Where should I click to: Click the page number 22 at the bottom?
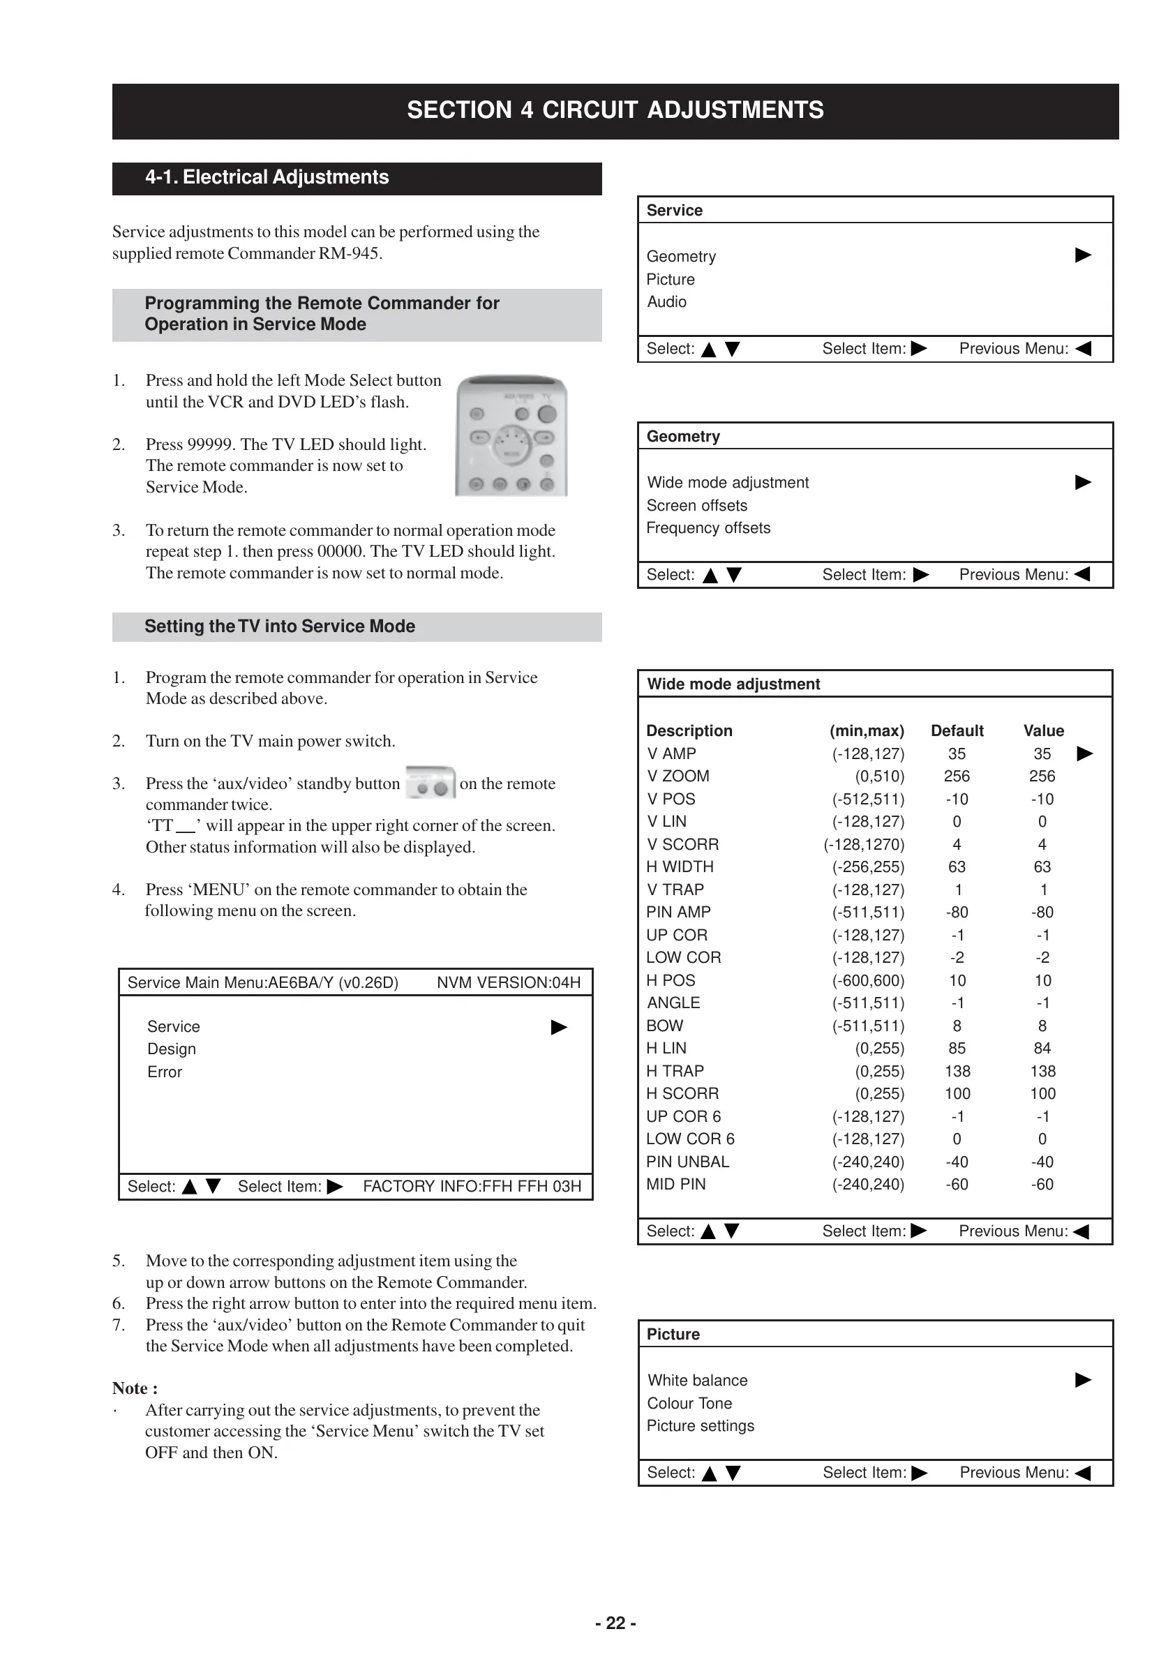pos(615,1623)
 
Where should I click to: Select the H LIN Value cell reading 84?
pos(1042,1048)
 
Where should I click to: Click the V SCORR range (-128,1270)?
pos(864,844)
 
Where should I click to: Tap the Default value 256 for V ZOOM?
pos(957,776)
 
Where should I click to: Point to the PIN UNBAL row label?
pos(687,1162)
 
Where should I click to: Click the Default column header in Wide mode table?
pos(957,730)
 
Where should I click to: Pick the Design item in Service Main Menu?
pos(172,1049)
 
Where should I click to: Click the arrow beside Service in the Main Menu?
pos(559,1027)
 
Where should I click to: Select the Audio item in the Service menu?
pos(666,301)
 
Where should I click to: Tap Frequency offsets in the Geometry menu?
pos(708,528)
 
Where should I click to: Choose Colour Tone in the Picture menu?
pos(689,1403)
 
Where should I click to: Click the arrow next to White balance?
pos(1082,1380)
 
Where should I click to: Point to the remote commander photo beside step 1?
pos(511,435)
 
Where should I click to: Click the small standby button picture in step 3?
pos(431,783)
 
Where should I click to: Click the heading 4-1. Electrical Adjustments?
pos(267,177)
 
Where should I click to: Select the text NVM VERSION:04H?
pos(509,982)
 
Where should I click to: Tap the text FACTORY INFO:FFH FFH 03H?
pos(472,1186)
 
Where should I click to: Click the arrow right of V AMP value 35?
pos(1084,753)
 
